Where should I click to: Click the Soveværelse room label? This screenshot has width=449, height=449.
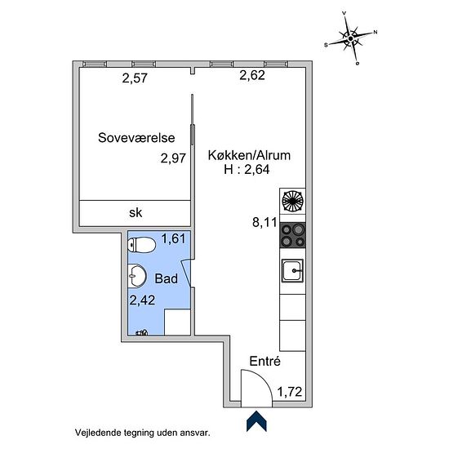point(136,138)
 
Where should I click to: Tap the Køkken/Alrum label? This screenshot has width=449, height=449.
point(249,155)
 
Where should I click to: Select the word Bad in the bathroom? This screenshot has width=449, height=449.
point(166,278)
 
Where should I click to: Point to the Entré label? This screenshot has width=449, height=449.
point(265,361)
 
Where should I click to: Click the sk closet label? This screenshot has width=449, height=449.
point(136,212)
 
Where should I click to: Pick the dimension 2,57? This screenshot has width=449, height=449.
point(135,78)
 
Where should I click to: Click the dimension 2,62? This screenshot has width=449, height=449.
point(252,75)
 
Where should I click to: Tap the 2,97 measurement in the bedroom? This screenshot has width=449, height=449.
point(173,158)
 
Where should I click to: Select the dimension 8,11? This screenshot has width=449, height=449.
point(265,222)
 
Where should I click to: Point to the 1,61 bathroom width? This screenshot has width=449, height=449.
point(174,238)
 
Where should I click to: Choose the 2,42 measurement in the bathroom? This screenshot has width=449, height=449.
point(142,300)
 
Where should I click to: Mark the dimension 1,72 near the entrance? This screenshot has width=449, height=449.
point(290,392)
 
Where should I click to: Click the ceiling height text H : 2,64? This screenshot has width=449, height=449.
point(247,169)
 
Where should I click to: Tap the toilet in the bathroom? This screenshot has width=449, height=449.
point(141,245)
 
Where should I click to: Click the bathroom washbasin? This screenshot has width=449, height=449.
point(137,276)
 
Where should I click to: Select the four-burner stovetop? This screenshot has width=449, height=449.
point(292,235)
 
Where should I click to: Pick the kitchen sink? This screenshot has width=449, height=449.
point(292,270)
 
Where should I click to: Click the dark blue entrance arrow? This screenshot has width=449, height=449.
point(256,421)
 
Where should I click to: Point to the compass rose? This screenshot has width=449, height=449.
point(351,38)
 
